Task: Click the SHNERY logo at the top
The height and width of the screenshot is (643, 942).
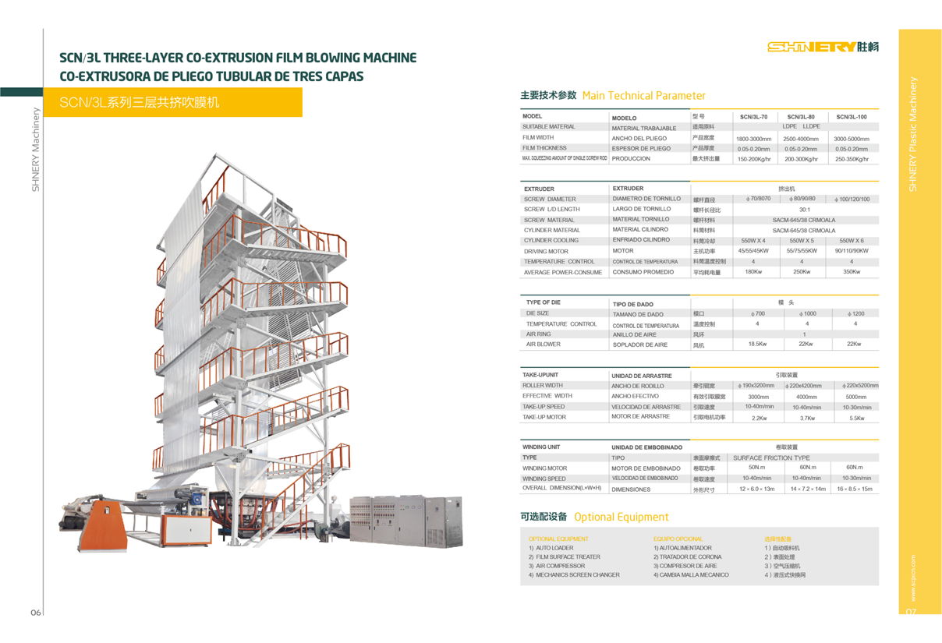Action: point(823,47)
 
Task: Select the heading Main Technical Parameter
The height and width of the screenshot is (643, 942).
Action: point(643,96)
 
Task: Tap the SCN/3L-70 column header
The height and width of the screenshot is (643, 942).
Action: point(753,117)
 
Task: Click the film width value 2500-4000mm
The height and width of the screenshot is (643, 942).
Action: point(802,139)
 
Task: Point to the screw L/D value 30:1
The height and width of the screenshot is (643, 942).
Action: point(804,210)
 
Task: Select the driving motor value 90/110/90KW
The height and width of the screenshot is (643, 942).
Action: point(851,251)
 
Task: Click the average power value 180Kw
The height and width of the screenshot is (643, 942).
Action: point(753,272)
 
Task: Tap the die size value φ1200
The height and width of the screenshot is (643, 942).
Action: point(855,313)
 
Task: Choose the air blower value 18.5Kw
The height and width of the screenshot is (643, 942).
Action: point(757,344)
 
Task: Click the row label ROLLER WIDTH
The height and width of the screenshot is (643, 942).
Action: point(543,385)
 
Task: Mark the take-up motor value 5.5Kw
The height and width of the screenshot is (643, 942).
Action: point(856,418)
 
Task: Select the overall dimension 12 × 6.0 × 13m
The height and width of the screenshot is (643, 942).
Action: point(756,489)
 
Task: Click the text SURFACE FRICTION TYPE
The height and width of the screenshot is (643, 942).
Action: point(771,458)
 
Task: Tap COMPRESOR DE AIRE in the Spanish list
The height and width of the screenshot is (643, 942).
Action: point(685,566)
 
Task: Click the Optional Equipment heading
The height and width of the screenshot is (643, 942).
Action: point(621,517)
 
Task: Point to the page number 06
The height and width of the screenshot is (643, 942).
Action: point(36,613)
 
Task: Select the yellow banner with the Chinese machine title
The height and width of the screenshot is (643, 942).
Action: point(172,102)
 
